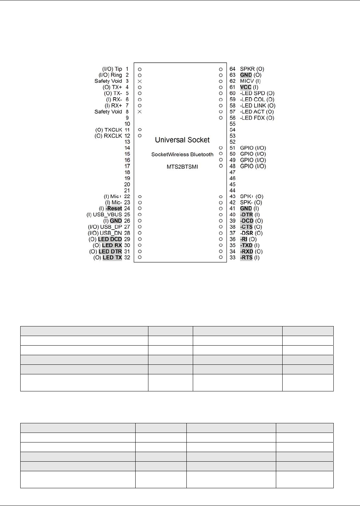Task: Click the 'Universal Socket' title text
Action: (x=182, y=140)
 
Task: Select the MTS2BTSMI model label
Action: (x=182, y=166)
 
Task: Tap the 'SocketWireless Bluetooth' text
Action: (x=182, y=154)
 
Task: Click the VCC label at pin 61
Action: (x=246, y=87)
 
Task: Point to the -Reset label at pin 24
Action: (x=114, y=209)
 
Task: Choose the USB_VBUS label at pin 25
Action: (x=107, y=215)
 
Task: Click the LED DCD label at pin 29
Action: (x=110, y=239)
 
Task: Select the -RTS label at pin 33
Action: (x=246, y=258)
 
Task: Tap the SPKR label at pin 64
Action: (x=247, y=69)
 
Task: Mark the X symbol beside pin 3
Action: (x=140, y=81)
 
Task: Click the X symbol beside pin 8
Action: (x=140, y=112)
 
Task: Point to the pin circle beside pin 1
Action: (x=140, y=69)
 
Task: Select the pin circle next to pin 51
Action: (x=221, y=148)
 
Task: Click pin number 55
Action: (x=233, y=124)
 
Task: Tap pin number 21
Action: (x=127, y=191)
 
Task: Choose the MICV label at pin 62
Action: (x=247, y=81)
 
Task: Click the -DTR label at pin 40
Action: (x=247, y=215)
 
